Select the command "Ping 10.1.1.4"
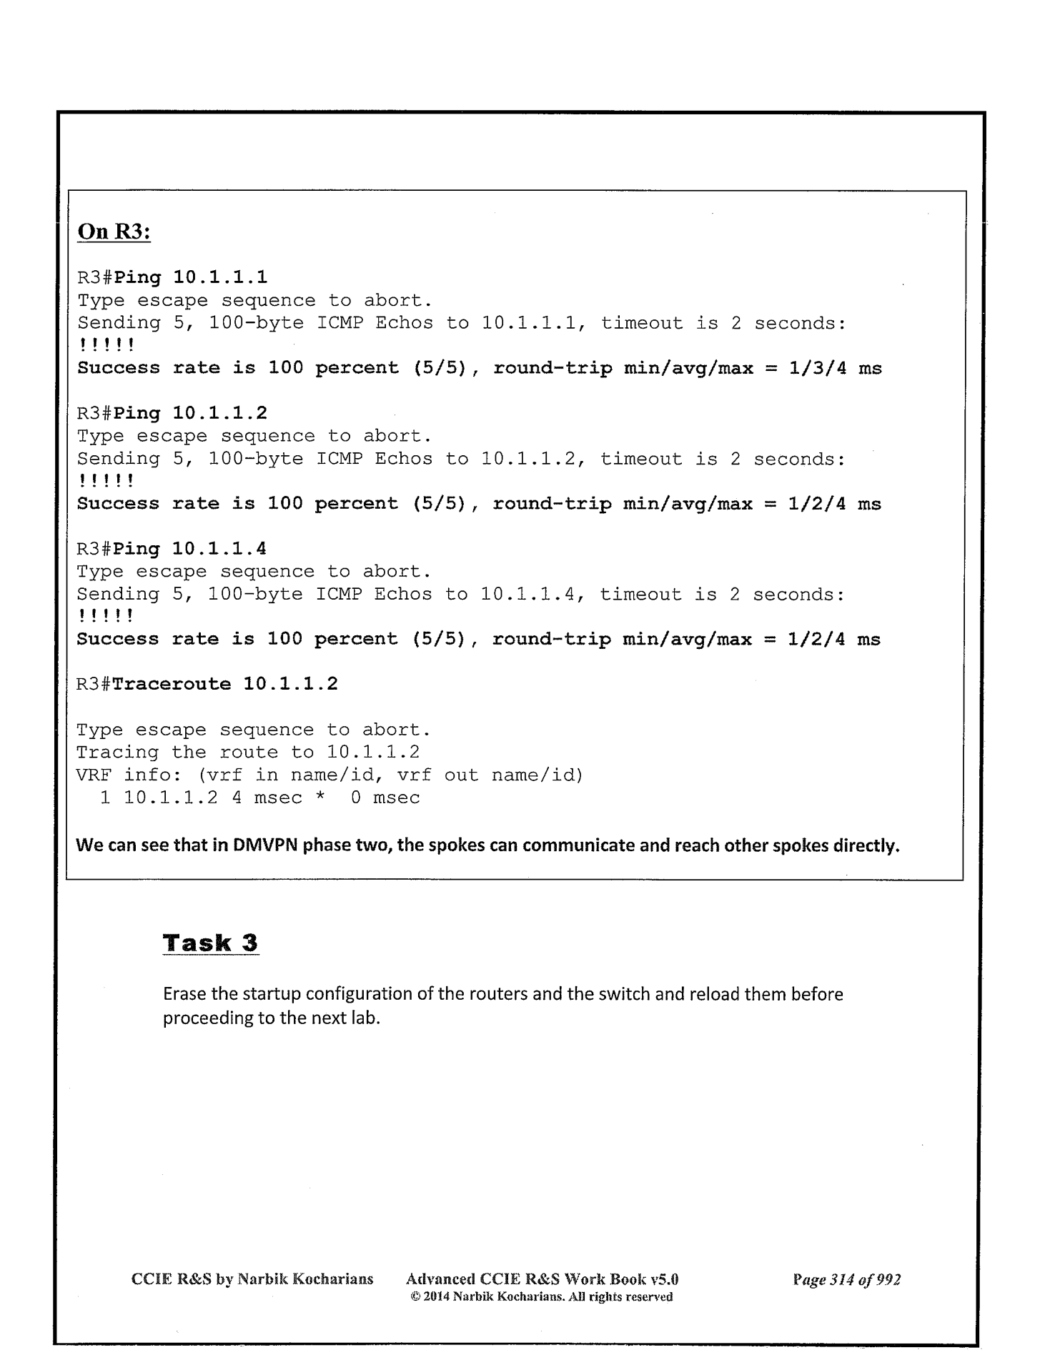click(x=190, y=548)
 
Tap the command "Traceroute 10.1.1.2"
click(x=225, y=684)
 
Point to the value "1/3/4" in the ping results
click(x=816, y=368)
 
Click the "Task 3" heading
click(x=210, y=943)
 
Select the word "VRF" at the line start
click(x=94, y=775)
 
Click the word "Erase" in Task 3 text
click(x=183, y=994)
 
